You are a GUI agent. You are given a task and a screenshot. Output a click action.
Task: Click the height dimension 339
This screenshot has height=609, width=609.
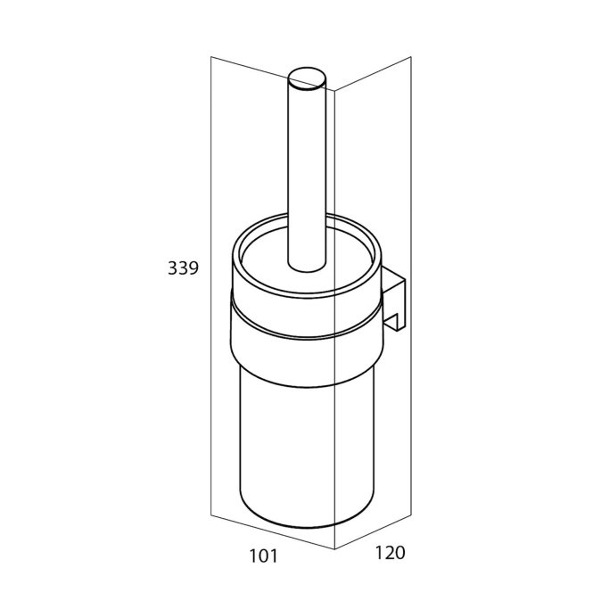click(183, 268)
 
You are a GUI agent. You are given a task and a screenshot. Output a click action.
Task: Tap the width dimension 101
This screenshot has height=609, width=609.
click(263, 556)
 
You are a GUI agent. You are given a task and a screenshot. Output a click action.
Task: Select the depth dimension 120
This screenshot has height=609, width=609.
click(390, 553)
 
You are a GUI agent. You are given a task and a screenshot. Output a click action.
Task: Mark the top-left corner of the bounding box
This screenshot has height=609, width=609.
click(211, 57)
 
